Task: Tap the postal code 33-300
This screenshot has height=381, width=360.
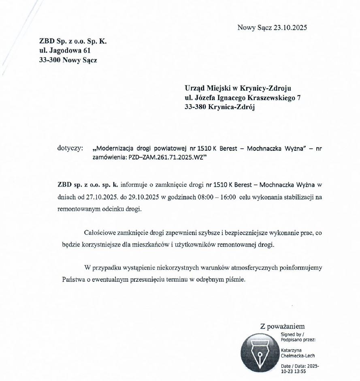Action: pos(49,60)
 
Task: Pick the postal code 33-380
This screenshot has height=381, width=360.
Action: pos(196,107)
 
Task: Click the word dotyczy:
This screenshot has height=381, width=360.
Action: pos(70,148)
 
